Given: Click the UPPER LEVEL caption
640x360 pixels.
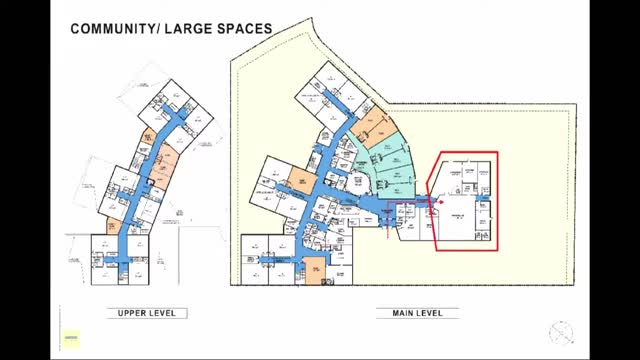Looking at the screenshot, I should pos(147,313).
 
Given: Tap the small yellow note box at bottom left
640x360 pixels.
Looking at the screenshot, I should pos(71,341).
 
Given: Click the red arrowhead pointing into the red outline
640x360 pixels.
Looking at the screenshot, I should pos(436,201).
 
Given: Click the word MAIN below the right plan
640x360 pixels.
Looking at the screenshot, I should pos(397,313).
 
